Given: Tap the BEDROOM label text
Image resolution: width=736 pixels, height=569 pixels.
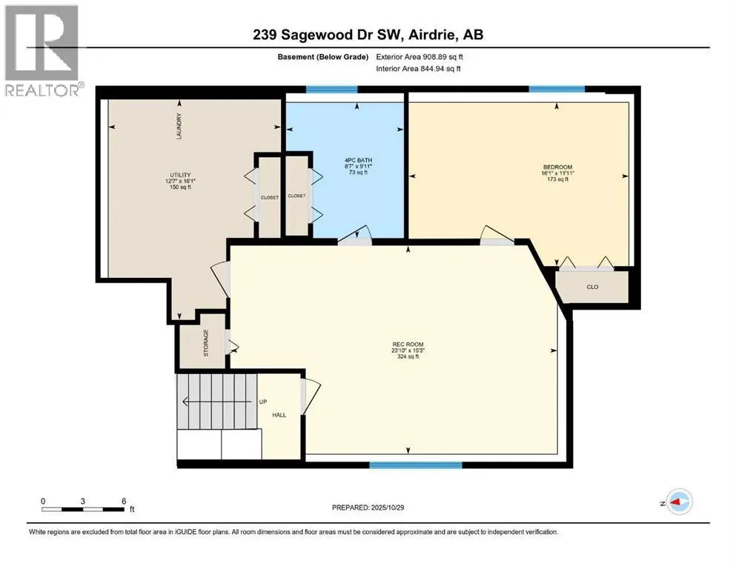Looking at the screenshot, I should click(557, 167).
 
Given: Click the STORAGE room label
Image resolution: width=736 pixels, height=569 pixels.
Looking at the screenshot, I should click(206, 343).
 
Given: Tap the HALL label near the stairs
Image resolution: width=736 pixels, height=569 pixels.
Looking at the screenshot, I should click(279, 415).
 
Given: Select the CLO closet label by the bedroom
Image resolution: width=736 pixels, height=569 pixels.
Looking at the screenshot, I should click(592, 287).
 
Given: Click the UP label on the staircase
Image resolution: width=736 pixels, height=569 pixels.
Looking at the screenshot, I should click(263, 402).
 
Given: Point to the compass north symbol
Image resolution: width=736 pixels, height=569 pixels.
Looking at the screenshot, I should click(679, 502).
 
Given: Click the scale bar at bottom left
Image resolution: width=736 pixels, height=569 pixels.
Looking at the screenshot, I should click(83, 508).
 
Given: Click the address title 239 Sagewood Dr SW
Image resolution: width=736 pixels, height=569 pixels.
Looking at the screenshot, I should click(368, 36).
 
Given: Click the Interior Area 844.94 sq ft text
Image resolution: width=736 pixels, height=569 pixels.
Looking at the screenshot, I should click(419, 68).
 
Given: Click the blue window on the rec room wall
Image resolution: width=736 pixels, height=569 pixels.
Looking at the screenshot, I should click(415, 465).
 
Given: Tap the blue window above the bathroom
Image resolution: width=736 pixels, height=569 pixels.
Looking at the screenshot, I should click(332, 90).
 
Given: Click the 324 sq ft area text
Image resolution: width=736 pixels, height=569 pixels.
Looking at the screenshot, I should click(408, 357).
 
